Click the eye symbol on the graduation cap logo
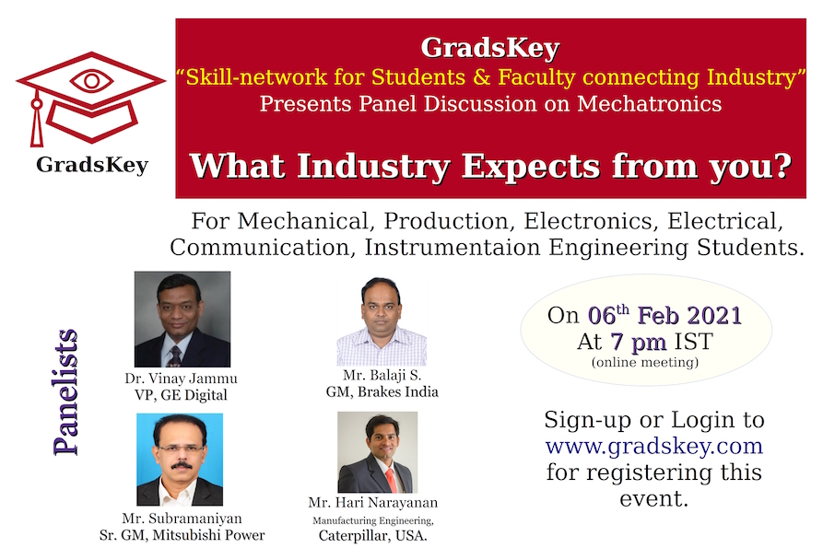tap(91, 81)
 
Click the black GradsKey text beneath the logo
tap(92, 165)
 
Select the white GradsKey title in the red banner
tap(490, 48)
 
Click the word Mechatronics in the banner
tap(649, 103)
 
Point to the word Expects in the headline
tap(531, 168)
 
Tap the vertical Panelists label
tap(65, 391)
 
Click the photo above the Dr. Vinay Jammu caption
tap(182, 319)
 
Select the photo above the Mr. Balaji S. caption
tap(382, 321)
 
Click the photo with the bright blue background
tap(180, 460)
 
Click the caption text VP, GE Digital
tap(181, 395)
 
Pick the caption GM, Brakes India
tap(382, 391)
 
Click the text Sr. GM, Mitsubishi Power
tap(182, 535)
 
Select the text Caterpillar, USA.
tap(372, 536)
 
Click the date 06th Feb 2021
tap(664, 315)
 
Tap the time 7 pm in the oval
tap(639, 342)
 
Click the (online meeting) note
tap(645, 362)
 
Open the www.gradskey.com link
tap(654, 446)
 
